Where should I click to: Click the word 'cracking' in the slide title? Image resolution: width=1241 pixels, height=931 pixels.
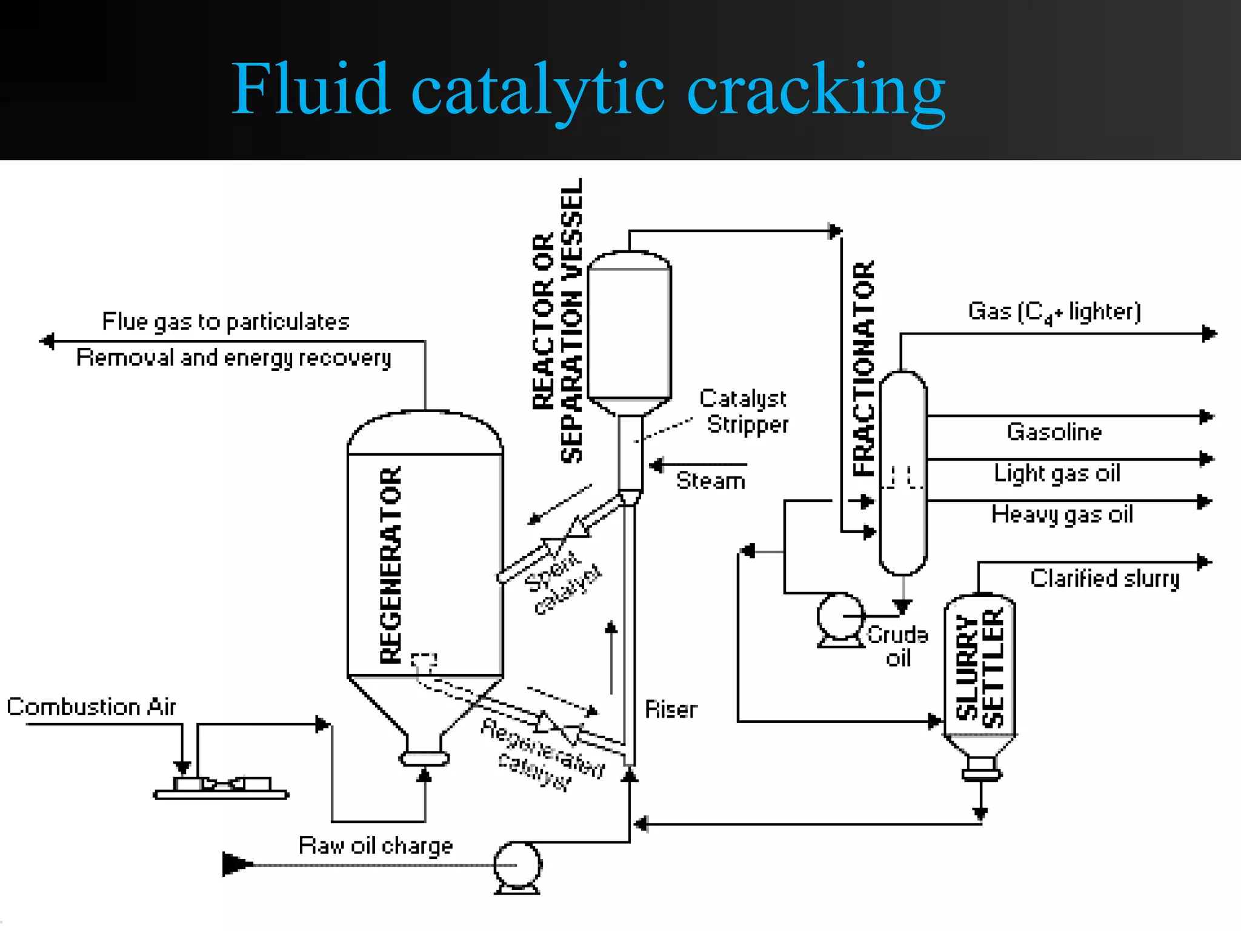tap(815, 91)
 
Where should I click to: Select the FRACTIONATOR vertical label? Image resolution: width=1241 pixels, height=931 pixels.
tap(864, 369)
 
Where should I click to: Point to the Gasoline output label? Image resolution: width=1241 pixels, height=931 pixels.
tap(1054, 432)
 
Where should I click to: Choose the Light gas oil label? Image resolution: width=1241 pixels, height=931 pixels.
tap(1057, 473)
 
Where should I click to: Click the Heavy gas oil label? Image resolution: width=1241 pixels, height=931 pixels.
tap(1062, 515)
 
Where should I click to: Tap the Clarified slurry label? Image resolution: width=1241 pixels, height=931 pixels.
tap(1105, 579)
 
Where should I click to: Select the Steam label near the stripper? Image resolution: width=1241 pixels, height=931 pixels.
tap(710, 481)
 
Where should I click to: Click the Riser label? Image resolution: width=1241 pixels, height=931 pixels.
tap(670, 710)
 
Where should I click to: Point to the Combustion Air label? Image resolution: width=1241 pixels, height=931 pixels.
tap(91, 707)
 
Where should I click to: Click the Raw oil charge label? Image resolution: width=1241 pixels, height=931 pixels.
tap(376, 846)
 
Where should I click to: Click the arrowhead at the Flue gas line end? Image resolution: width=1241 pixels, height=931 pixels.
tap(47, 341)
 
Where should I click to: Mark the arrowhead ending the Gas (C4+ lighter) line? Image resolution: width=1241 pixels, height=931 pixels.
tap(1209, 333)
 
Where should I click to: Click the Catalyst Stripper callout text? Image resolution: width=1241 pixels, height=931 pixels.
tap(745, 412)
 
